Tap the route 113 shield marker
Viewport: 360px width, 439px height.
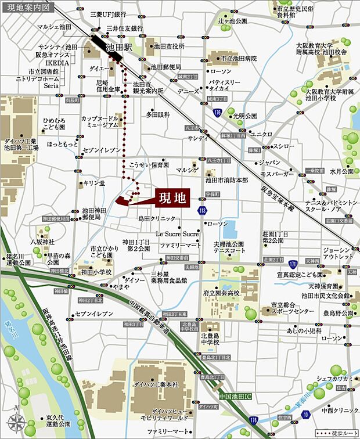[x=202, y=210]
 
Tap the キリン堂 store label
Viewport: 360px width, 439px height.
[x=92, y=182]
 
